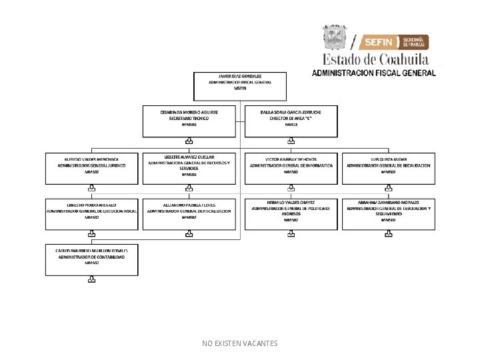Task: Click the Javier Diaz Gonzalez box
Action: pyautogui.click(x=240, y=84)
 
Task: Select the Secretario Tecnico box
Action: pyautogui.click(x=189, y=121)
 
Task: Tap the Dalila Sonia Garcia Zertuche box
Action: pyautogui.click(x=291, y=121)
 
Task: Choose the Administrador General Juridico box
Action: pyautogui.click(x=92, y=168)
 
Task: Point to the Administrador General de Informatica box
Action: pyautogui.click(x=291, y=168)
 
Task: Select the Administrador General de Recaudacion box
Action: pyautogui.click(x=388, y=168)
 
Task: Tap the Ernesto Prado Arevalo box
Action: pyautogui.click(x=92, y=213)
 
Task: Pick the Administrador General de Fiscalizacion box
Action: pyautogui.click(x=189, y=213)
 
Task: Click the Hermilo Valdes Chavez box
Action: pyautogui.click(x=291, y=213)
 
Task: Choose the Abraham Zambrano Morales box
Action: pyautogui.click(x=388, y=213)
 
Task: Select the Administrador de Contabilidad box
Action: pyautogui.click(x=92, y=259)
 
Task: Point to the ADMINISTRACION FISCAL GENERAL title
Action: pyautogui.click(x=374, y=72)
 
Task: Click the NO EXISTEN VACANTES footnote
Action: pyautogui.click(x=240, y=343)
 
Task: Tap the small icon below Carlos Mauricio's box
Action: pyautogui.click(x=91, y=281)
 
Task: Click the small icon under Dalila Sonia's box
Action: pyautogui.click(x=291, y=141)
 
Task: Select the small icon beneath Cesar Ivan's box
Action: pyautogui.click(x=189, y=141)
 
